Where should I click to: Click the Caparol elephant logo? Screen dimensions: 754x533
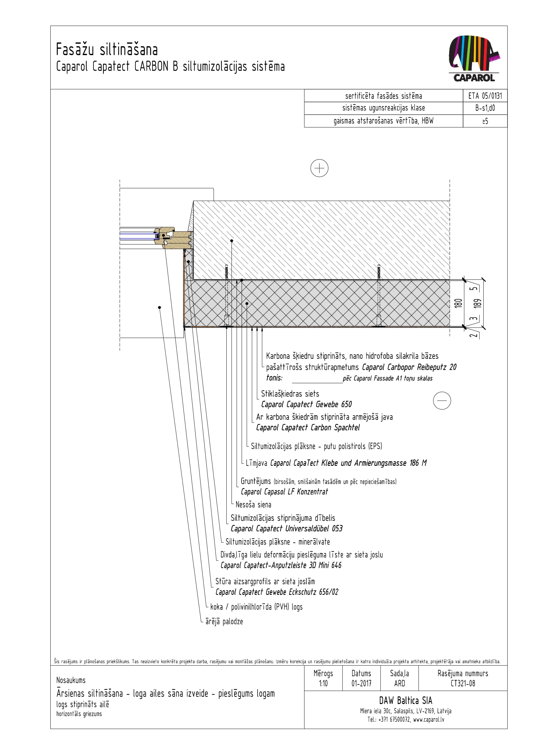(474, 58)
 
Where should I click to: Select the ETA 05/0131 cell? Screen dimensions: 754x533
(485, 96)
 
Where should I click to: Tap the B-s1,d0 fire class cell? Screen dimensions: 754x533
(485, 108)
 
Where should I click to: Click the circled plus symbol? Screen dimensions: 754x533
(319, 168)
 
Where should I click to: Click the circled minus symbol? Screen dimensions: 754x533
(442, 400)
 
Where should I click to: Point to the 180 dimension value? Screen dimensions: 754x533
(459, 303)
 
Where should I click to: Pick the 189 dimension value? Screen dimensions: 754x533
(478, 303)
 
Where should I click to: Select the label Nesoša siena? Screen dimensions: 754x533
(253, 505)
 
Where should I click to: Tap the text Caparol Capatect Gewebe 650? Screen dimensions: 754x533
(306, 405)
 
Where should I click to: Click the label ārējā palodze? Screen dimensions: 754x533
(224, 621)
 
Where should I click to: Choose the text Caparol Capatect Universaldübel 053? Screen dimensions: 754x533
(286, 528)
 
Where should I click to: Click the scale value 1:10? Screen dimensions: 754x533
(323, 683)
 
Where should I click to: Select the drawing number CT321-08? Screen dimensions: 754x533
(463, 683)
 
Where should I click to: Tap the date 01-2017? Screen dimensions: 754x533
(361, 683)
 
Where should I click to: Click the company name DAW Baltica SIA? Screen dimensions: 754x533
(406, 700)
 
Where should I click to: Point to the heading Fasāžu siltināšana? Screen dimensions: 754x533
(107, 50)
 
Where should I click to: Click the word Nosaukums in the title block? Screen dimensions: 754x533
(71, 680)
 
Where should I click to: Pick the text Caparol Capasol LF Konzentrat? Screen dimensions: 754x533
(284, 492)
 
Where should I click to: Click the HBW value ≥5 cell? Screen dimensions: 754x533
(485, 121)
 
